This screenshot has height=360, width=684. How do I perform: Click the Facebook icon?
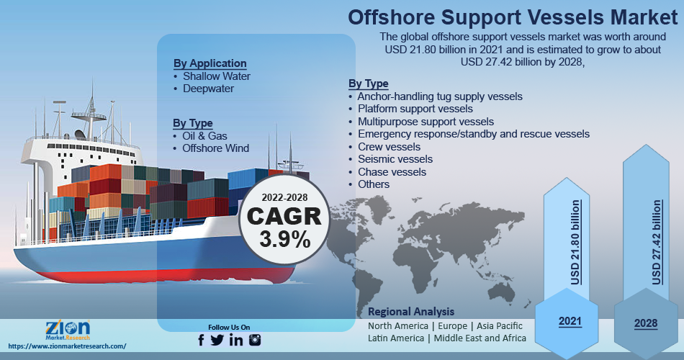click(201, 340)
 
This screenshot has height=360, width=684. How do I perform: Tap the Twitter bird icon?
click(217, 340)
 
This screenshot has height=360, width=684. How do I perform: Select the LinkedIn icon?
click(236, 340)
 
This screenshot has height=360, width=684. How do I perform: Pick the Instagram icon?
click(255, 340)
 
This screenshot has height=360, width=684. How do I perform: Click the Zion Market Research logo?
click(68, 330)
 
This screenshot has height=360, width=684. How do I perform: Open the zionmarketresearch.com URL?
click(67, 346)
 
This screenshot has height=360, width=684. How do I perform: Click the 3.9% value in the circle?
click(285, 239)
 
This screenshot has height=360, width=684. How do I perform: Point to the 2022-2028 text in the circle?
click(284, 198)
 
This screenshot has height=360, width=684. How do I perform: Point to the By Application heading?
click(210, 63)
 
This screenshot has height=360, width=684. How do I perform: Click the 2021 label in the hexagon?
click(570, 321)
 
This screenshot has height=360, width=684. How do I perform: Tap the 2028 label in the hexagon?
click(646, 323)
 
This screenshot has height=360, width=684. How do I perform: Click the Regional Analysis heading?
click(411, 312)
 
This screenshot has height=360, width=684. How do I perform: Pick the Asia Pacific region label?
click(500, 326)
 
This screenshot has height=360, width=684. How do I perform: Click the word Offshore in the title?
click(391, 17)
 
